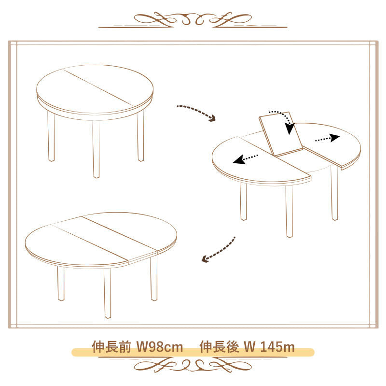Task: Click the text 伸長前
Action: [x=111, y=347]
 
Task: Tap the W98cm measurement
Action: [x=160, y=347]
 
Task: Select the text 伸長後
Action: [x=220, y=347]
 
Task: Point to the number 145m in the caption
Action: [x=277, y=347]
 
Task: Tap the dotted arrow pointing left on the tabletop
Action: [x=245, y=159]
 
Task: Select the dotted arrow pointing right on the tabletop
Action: [x=328, y=139]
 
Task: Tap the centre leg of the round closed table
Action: [x=96, y=149]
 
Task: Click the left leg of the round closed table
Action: [x=51, y=136]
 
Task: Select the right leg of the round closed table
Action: [x=140, y=136]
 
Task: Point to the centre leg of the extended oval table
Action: [x=107, y=293]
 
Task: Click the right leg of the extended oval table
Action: [x=154, y=278]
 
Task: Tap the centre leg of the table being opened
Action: [x=289, y=211]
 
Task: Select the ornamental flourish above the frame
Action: [x=193, y=19]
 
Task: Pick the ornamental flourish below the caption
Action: [x=193, y=365]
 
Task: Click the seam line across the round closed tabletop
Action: [x=98, y=87]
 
